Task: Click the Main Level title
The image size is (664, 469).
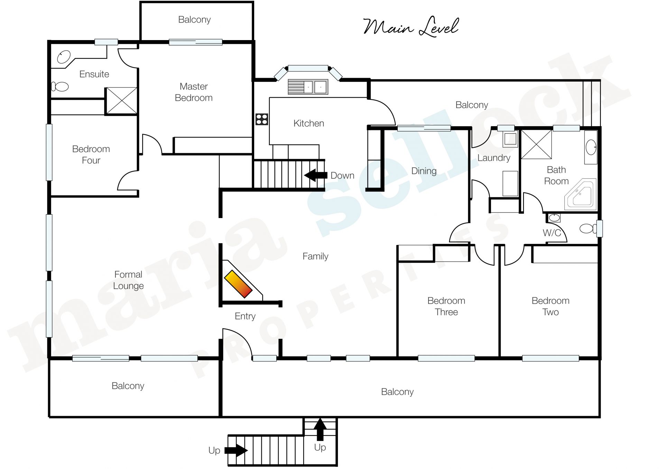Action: (411, 27)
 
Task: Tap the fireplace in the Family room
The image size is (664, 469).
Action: (238, 284)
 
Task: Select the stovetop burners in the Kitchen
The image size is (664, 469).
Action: (262, 119)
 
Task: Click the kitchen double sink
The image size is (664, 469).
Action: (308, 87)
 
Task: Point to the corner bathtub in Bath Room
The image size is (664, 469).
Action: (581, 194)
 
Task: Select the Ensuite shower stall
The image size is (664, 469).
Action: (121, 101)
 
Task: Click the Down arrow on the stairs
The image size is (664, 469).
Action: (316, 175)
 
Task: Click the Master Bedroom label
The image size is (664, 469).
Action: (194, 92)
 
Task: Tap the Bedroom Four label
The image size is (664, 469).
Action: (91, 154)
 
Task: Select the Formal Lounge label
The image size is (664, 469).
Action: (128, 280)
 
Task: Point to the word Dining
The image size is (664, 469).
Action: (424, 171)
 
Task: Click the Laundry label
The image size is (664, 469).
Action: (494, 158)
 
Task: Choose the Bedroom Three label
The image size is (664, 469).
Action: (446, 306)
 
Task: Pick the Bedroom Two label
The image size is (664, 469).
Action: (551, 306)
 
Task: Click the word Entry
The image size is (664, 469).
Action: (245, 316)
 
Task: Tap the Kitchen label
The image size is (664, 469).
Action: (308, 123)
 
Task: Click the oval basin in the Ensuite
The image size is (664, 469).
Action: (64, 57)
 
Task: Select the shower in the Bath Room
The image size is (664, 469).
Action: (536, 144)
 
